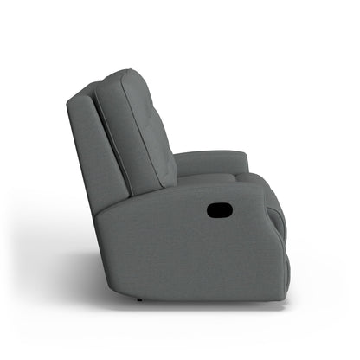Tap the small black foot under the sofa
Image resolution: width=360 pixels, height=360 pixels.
click(140, 299)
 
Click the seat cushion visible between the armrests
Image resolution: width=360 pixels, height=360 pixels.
click(208, 177)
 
